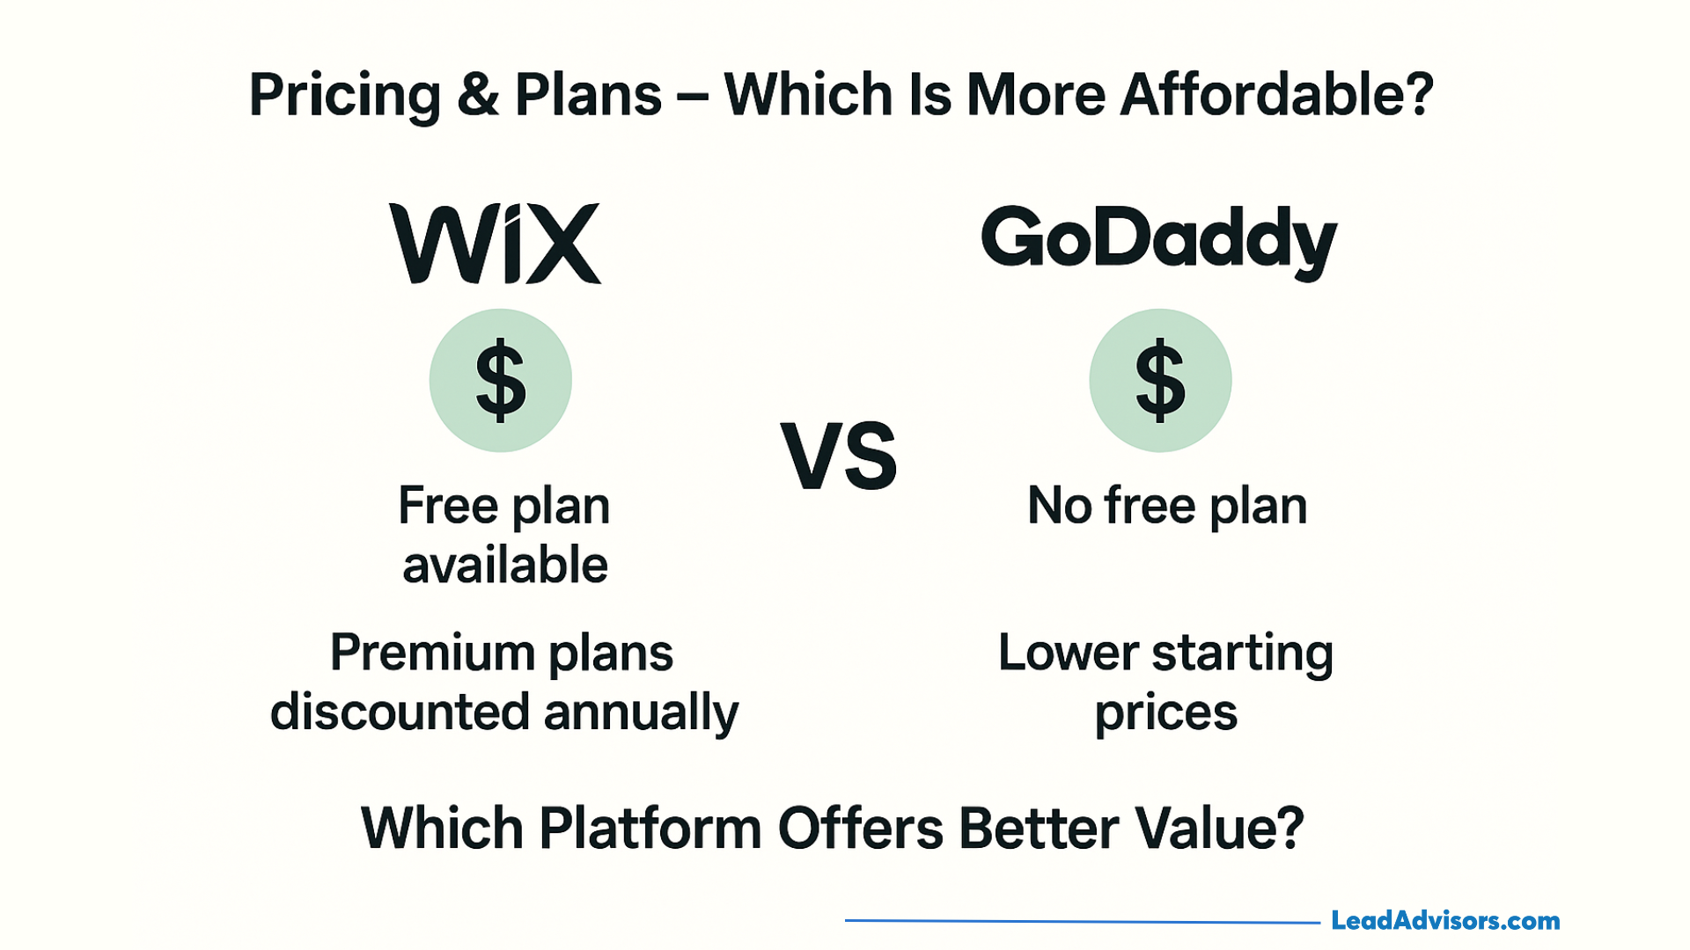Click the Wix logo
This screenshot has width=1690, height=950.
(x=496, y=244)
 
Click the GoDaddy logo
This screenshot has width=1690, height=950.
(x=1159, y=242)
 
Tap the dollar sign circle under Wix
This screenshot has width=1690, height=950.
(x=501, y=380)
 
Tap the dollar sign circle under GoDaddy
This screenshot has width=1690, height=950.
(x=1160, y=380)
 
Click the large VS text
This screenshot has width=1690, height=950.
(x=839, y=456)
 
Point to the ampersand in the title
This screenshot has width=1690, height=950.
(x=478, y=95)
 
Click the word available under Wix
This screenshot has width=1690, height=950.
(x=505, y=565)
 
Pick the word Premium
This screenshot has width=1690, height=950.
(x=431, y=654)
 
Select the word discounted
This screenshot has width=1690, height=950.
(x=400, y=712)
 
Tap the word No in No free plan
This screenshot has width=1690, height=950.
(x=1060, y=506)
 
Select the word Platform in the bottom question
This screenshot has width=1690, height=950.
(x=650, y=828)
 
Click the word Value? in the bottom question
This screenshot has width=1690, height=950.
(x=1219, y=828)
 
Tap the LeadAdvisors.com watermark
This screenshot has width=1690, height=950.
(x=1445, y=921)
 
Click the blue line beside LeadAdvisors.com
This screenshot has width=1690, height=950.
(x=1083, y=921)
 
